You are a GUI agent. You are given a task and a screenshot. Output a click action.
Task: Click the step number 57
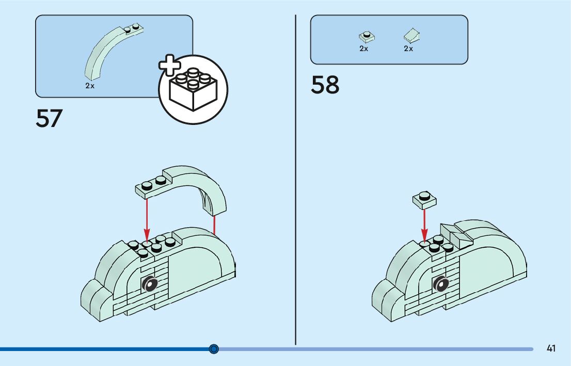coord(49,118)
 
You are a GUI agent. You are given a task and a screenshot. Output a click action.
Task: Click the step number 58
coord(325,85)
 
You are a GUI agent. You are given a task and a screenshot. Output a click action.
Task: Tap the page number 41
coord(551,348)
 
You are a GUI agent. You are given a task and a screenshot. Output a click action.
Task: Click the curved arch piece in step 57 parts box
coord(108,49)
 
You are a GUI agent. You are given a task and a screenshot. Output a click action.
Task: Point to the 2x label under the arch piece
coord(90,86)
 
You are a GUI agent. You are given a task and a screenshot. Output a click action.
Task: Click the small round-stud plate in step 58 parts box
coord(366,36)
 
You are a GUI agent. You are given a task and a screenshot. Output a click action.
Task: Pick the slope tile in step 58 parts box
coord(411,35)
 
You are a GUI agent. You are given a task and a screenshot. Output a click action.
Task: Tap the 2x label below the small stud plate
coord(363,49)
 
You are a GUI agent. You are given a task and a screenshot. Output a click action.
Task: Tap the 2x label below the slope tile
coord(408,49)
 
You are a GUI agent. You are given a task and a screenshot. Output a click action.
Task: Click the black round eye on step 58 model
coord(441,283)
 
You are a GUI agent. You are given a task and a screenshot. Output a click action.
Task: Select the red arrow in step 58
coord(424,225)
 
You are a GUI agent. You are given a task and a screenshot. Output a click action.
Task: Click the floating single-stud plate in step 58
coord(424,199)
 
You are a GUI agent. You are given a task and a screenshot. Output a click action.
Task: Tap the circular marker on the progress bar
coord(214,349)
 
